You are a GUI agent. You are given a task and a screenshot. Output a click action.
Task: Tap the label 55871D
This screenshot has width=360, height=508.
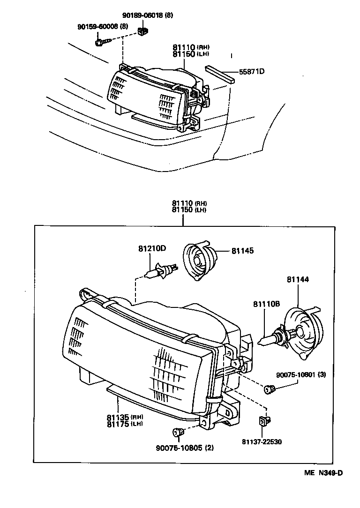coord(252,72)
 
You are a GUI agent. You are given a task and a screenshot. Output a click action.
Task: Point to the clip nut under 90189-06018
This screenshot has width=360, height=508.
coord(143,32)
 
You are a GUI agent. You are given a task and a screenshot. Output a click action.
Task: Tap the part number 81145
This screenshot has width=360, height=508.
coord(242,251)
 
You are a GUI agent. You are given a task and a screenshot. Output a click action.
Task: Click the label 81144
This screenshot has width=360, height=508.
coord(298,280)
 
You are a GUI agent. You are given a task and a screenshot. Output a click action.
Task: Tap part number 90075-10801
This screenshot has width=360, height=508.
coord(296,374)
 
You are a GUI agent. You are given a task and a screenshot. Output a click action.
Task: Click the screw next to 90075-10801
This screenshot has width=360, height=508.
coord(270,388)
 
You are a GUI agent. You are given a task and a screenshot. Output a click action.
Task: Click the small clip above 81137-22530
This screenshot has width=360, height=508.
coord(264,421)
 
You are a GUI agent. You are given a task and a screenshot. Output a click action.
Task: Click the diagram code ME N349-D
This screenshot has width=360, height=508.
coord(323,473)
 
